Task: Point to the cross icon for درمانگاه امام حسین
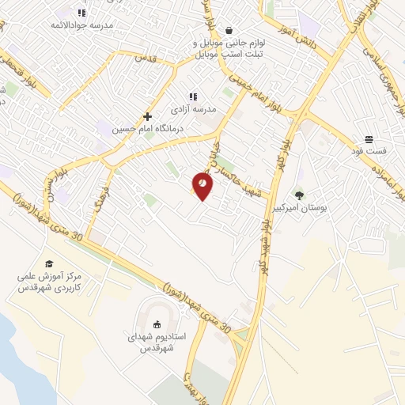pos(148,116)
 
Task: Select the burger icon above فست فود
pos(369,139)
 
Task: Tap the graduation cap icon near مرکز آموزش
pos(49,264)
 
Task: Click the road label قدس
pos(147,58)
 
